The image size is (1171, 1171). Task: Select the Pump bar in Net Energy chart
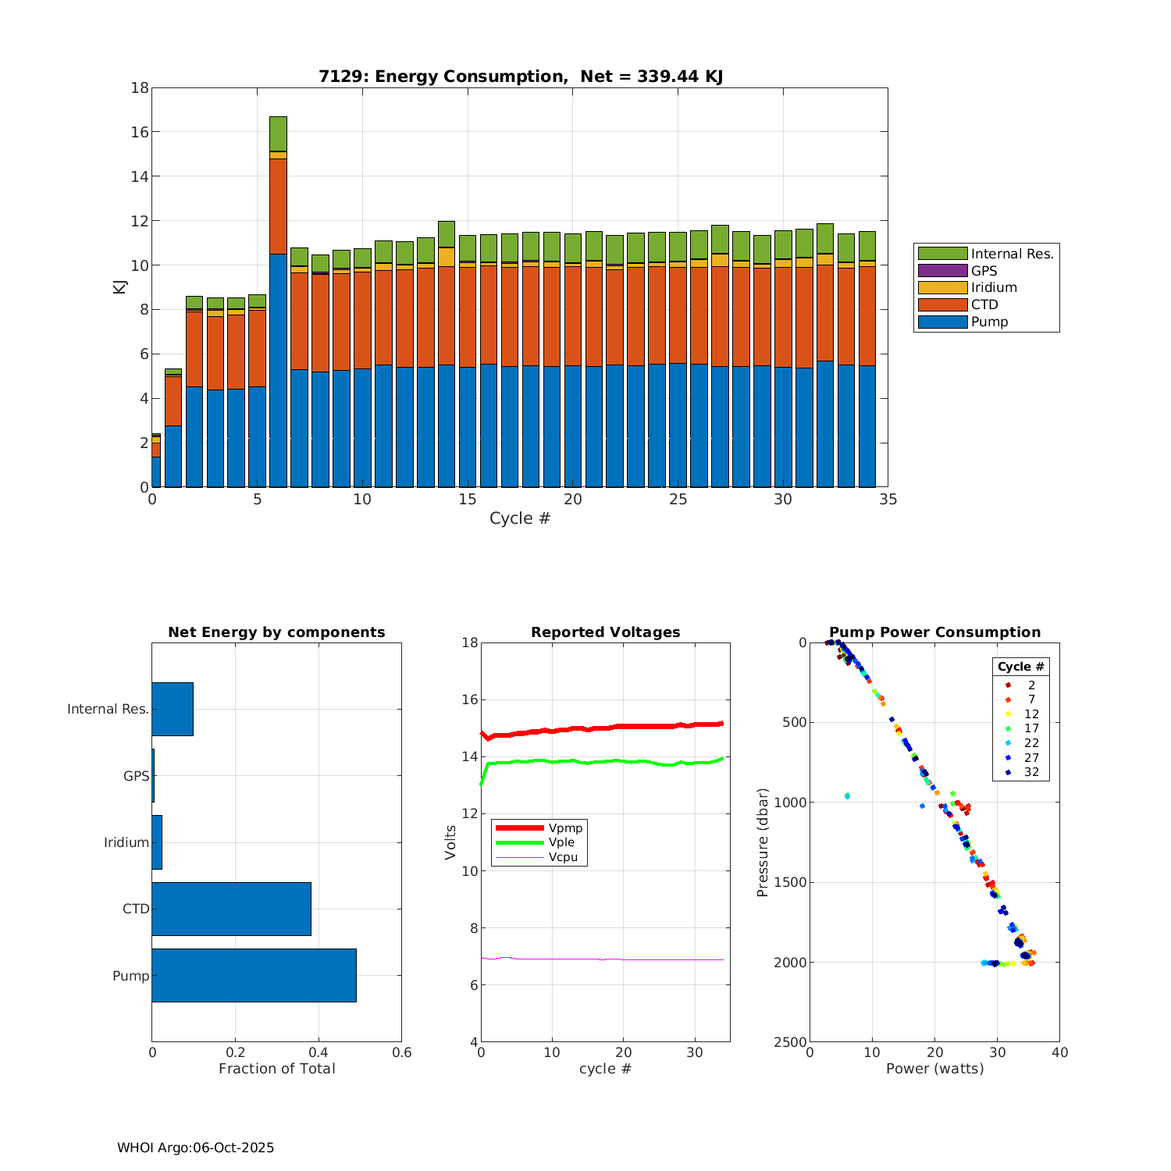(254, 975)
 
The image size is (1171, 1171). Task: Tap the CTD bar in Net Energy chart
(231, 909)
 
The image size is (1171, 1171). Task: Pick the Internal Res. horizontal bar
(173, 709)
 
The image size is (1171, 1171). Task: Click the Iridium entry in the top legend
(994, 287)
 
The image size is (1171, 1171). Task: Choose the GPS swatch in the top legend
(942, 271)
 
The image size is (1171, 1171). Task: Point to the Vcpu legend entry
(563, 857)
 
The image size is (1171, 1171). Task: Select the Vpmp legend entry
(565, 828)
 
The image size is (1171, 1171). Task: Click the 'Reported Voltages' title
(605, 632)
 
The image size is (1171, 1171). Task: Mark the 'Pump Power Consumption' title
(934, 632)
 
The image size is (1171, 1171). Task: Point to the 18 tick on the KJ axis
(140, 87)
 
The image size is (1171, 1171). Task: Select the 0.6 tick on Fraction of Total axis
(401, 1052)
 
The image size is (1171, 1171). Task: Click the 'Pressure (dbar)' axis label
(763, 842)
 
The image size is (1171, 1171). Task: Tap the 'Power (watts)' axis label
(934, 1069)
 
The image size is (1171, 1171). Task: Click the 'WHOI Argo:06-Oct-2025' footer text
(195, 1148)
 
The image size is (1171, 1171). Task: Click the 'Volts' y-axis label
(450, 842)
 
